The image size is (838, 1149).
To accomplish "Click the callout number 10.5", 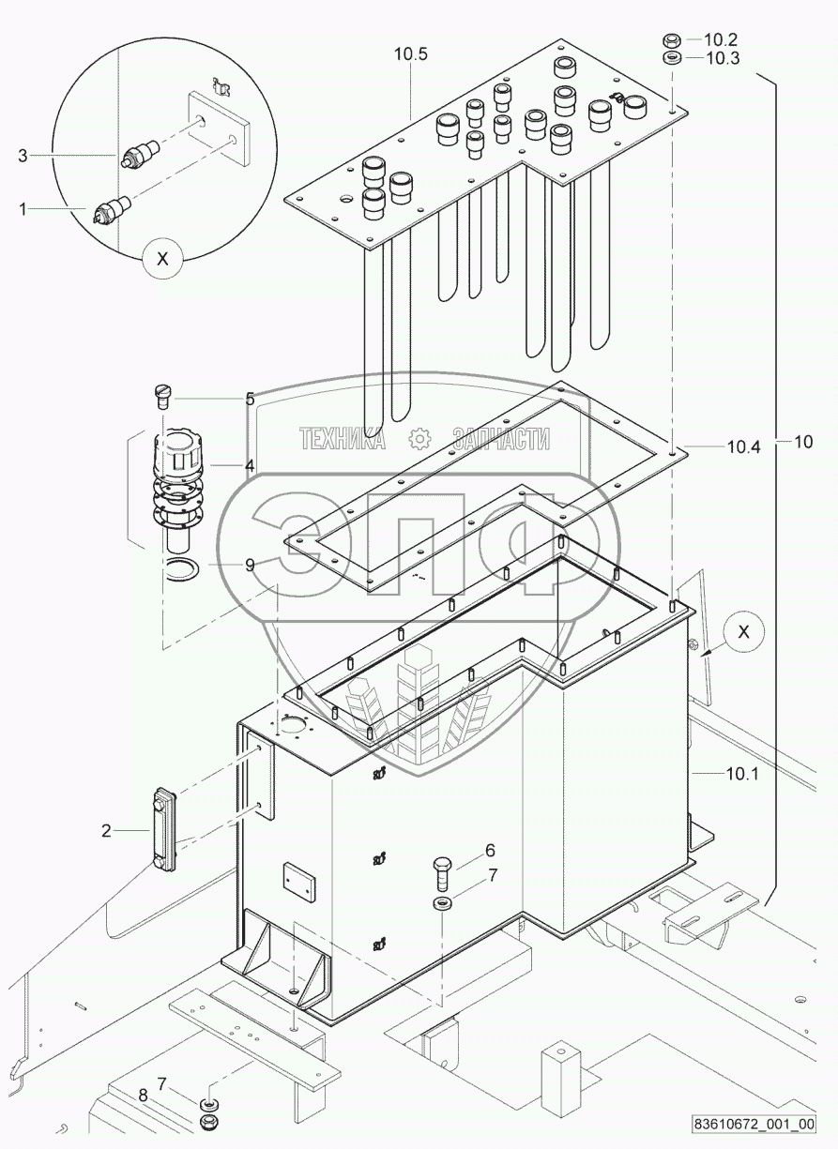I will click(x=410, y=54).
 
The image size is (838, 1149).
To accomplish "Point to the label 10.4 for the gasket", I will click(x=741, y=447).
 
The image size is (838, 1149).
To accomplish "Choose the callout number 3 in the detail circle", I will click(x=23, y=156).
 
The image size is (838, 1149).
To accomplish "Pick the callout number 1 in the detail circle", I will click(x=23, y=207).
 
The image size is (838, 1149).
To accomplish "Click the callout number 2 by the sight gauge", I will click(x=107, y=829).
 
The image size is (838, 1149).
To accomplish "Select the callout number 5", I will click(x=250, y=399).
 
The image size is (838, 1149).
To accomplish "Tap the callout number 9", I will click(x=250, y=566).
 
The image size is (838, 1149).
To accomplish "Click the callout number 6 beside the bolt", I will click(x=489, y=851).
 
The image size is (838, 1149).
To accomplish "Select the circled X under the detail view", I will click(x=162, y=260).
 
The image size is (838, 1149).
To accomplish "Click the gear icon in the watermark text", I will click(x=419, y=438).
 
